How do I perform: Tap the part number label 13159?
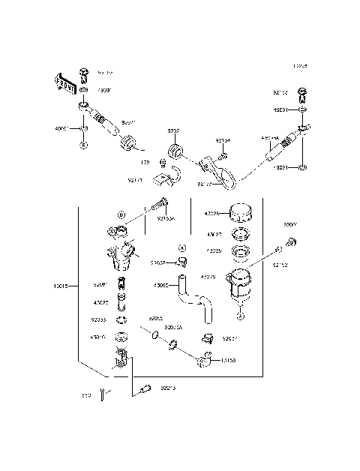[x=229, y=361]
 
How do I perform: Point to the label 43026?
[x=212, y=214]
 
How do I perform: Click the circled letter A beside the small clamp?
[x=181, y=247]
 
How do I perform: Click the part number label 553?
[x=87, y=395]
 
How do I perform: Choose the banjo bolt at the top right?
[x=302, y=95]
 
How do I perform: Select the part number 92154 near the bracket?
[x=223, y=140]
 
